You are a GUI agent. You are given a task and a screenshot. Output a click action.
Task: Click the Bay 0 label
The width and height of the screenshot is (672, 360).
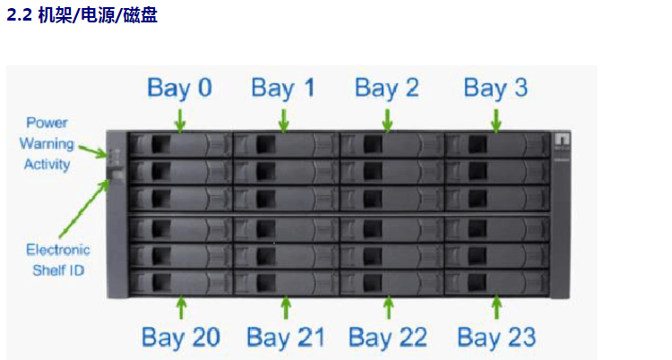[x=179, y=88]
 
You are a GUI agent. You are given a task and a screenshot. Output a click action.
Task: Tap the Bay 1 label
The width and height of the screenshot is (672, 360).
[x=283, y=88]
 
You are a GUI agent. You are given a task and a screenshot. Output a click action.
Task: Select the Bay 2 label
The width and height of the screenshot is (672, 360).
[x=386, y=88]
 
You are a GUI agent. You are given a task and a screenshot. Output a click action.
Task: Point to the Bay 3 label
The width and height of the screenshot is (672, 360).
[x=495, y=88]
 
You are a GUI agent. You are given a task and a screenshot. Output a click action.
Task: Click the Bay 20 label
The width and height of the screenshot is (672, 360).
[x=180, y=337]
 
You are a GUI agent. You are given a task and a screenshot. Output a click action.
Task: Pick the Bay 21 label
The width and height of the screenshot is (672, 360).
[x=285, y=337]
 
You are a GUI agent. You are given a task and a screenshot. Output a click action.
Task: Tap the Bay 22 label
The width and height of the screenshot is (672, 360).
[x=388, y=337]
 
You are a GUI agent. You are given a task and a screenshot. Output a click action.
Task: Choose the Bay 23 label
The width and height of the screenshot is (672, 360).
[x=496, y=337]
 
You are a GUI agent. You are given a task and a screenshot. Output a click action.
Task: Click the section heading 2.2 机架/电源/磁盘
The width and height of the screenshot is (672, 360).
[x=82, y=16]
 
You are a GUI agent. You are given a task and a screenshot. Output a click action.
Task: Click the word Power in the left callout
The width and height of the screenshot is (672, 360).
[x=47, y=123]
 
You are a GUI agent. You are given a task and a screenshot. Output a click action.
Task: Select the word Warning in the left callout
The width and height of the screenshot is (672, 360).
[x=47, y=143]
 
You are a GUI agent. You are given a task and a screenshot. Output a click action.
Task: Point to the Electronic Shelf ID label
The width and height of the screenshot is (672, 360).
[x=57, y=260]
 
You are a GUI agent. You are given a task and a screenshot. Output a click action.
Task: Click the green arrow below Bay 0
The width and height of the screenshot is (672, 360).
[x=181, y=119]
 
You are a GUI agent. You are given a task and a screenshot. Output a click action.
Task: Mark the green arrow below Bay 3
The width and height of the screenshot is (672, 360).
[x=496, y=119]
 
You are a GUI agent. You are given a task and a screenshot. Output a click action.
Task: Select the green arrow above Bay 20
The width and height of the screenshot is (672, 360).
[x=181, y=307]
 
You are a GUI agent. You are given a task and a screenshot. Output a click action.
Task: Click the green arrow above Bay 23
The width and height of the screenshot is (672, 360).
[x=496, y=307]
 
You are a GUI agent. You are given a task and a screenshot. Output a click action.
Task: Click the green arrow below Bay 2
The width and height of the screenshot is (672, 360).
[x=387, y=119]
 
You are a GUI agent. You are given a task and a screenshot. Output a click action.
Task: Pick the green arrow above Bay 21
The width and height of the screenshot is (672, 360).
[x=285, y=307]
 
